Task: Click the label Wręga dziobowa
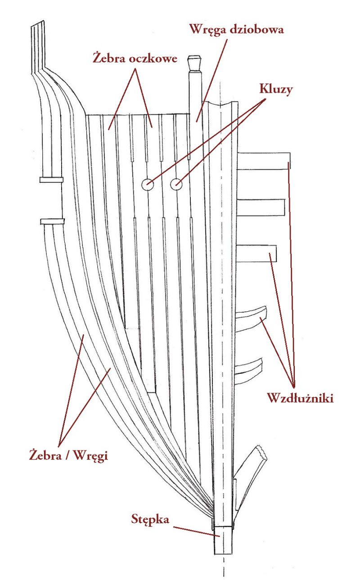(236, 30)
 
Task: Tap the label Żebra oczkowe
(135, 58)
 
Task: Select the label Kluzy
(276, 89)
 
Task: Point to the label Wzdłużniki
(300, 398)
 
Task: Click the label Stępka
(150, 519)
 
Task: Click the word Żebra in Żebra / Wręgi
(45, 455)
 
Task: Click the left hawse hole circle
(148, 184)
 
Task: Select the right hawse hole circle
(176, 184)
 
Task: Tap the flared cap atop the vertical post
(194, 63)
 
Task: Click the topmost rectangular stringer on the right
(263, 161)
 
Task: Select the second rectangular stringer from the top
(261, 207)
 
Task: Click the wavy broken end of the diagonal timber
(262, 454)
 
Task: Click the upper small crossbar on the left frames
(52, 180)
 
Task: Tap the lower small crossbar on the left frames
(52, 221)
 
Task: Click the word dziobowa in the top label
(257, 29)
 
